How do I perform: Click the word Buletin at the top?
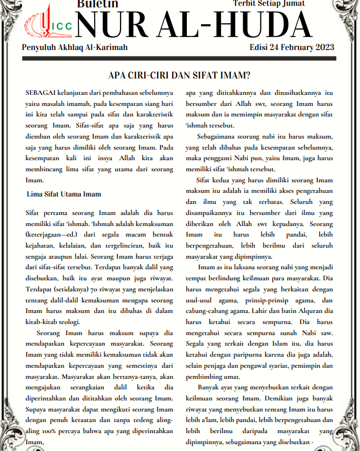coord(97,4)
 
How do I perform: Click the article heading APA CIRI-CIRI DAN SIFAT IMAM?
coord(179,75)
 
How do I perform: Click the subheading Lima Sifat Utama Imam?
coord(64,194)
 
